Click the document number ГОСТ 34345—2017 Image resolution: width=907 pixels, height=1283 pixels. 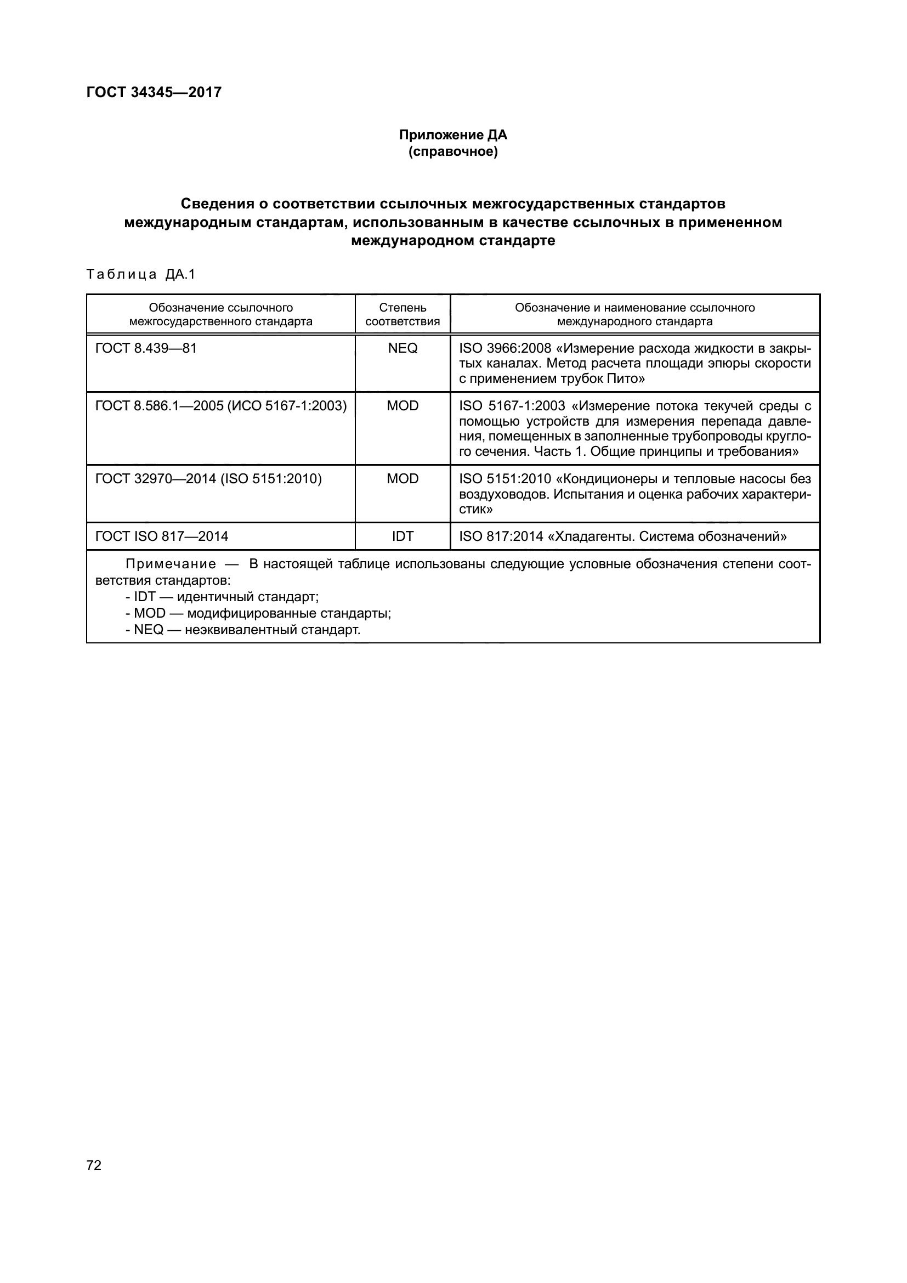coord(154,92)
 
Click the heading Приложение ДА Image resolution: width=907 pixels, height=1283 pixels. coord(453,135)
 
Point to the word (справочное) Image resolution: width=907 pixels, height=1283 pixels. coord(453,151)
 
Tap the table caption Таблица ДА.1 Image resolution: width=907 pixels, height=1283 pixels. coord(141,274)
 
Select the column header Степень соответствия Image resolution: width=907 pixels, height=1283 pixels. coord(402,314)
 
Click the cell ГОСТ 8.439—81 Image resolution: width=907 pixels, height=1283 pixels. coord(146,348)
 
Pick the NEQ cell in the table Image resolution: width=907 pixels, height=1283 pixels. coord(402,348)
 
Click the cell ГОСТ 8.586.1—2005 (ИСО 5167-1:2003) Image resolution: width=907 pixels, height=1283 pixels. coord(220,406)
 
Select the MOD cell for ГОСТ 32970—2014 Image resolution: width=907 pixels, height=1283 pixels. coord(402,479)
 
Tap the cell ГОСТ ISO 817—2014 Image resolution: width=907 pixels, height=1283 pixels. coord(161,536)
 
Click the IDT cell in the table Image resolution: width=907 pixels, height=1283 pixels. coord(402,536)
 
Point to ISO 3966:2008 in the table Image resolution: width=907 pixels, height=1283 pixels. coord(505,348)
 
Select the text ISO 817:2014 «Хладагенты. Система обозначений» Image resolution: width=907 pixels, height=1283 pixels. coord(622,536)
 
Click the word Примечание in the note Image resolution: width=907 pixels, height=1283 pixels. coord(171,564)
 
